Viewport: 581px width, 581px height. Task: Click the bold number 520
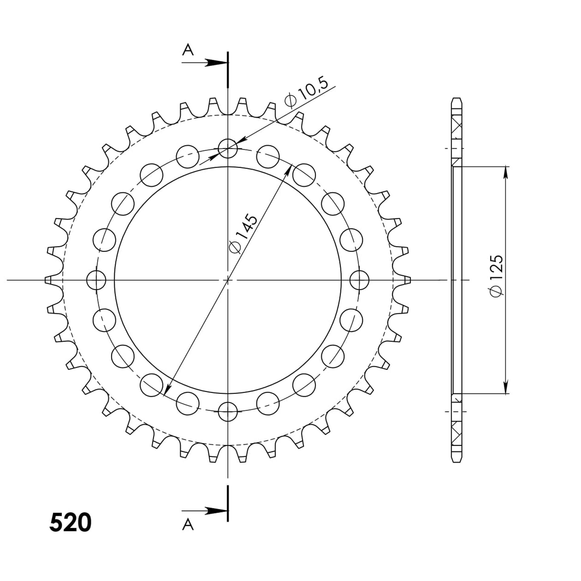(x=70, y=522)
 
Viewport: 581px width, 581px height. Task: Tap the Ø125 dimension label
(x=497, y=276)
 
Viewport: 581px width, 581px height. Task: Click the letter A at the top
(x=188, y=50)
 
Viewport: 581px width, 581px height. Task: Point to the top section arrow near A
(x=205, y=63)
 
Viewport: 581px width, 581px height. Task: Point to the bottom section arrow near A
(x=205, y=511)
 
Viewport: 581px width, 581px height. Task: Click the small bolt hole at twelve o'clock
(x=228, y=149)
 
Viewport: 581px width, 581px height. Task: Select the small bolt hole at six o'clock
(x=228, y=412)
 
